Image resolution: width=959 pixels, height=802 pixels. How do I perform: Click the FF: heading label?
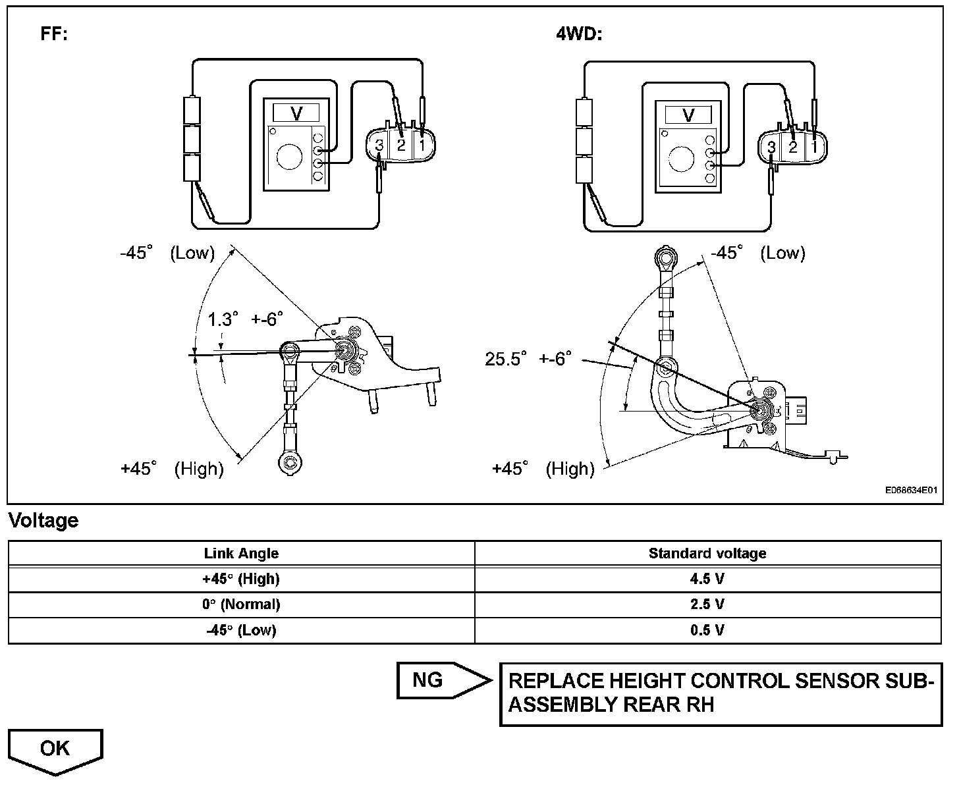tap(54, 34)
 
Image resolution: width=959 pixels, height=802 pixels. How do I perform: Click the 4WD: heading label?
tap(579, 34)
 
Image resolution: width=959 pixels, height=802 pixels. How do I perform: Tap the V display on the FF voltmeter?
tap(296, 113)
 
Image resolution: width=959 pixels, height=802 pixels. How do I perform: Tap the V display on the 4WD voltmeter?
tap(688, 115)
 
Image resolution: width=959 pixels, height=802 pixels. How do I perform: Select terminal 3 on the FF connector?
tap(379, 146)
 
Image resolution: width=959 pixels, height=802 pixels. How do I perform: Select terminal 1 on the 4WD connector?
tap(813, 147)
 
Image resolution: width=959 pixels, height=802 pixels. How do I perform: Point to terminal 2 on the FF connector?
tap(401, 146)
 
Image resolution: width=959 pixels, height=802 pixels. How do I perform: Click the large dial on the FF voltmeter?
tap(289, 157)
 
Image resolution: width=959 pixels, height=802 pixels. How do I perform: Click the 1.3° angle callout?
tap(223, 319)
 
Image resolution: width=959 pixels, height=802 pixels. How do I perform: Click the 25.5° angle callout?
tap(506, 359)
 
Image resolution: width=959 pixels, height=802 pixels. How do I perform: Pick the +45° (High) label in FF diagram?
tap(172, 469)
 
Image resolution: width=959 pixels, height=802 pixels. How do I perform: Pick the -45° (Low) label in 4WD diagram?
tap(758, 252)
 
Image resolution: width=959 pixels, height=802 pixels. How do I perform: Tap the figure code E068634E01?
tap(911, 490)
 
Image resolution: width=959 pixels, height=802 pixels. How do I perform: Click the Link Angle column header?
tap(241, 553)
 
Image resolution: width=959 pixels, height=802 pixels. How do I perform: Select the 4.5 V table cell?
tap(707, 579)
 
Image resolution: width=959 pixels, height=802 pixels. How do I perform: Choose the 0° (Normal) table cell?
tap(241, 604)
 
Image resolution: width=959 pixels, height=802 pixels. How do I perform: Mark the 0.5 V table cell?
tap(707, 630)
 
